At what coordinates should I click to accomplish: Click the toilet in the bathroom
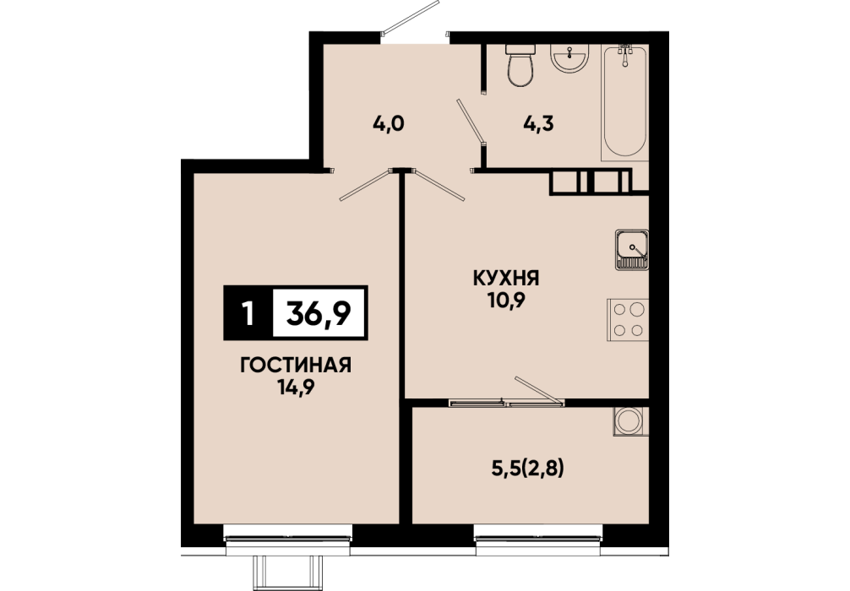(520, 65)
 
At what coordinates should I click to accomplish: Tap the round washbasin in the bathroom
(569, 57)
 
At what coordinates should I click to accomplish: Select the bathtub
(625, 102)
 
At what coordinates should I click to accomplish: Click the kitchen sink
(631, 250)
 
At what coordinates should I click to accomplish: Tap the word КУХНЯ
(506, 279)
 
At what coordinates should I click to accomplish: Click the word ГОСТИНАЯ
(296, 366)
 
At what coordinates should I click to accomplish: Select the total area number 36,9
(319, 313)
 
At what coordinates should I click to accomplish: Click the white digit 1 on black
(248, 313)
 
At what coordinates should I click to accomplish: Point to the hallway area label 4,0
(389, 124)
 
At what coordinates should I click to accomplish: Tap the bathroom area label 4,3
(538, 124)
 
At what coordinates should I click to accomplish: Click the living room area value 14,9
(296, 388)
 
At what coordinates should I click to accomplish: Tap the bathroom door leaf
(470, 122)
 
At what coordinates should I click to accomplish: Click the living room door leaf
(365, 185)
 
